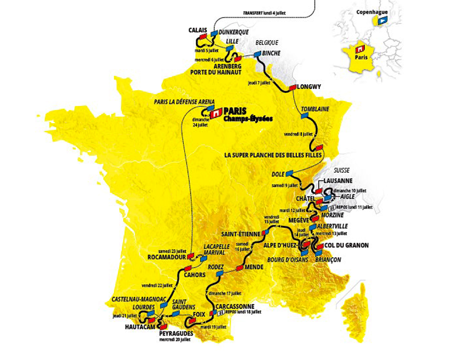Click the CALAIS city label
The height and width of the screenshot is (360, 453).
[197, 30]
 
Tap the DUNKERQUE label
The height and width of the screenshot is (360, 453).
[234, 32]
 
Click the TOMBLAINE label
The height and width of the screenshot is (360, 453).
[315, 109]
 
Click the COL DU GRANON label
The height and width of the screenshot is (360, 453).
[346, 246]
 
